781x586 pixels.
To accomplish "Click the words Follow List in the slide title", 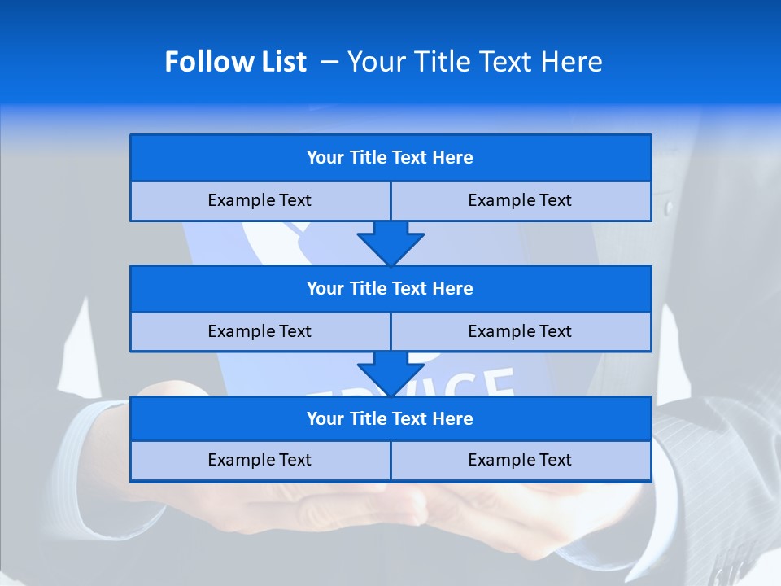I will [235, 62].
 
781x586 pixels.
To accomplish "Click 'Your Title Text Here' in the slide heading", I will [474, 62].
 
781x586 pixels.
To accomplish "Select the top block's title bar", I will [390, 158].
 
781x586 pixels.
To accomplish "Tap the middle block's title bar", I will [390, 289].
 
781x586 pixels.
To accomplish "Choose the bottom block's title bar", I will [390, 419].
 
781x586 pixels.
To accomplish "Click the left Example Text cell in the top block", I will [260, 201].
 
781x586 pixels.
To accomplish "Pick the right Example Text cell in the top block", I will [520, 201].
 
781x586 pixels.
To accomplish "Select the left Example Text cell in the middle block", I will [260, 332].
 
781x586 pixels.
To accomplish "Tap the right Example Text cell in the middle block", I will [520, 332].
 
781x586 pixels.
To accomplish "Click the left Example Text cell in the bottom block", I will [260, 461].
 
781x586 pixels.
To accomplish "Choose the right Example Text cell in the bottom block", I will [520, 461].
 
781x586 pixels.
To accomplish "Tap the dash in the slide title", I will [329, 62].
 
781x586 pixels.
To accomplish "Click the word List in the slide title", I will [284, 62].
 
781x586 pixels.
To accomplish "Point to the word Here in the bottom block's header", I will [453, 419].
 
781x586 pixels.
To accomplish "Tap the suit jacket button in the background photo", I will [669, 208].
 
